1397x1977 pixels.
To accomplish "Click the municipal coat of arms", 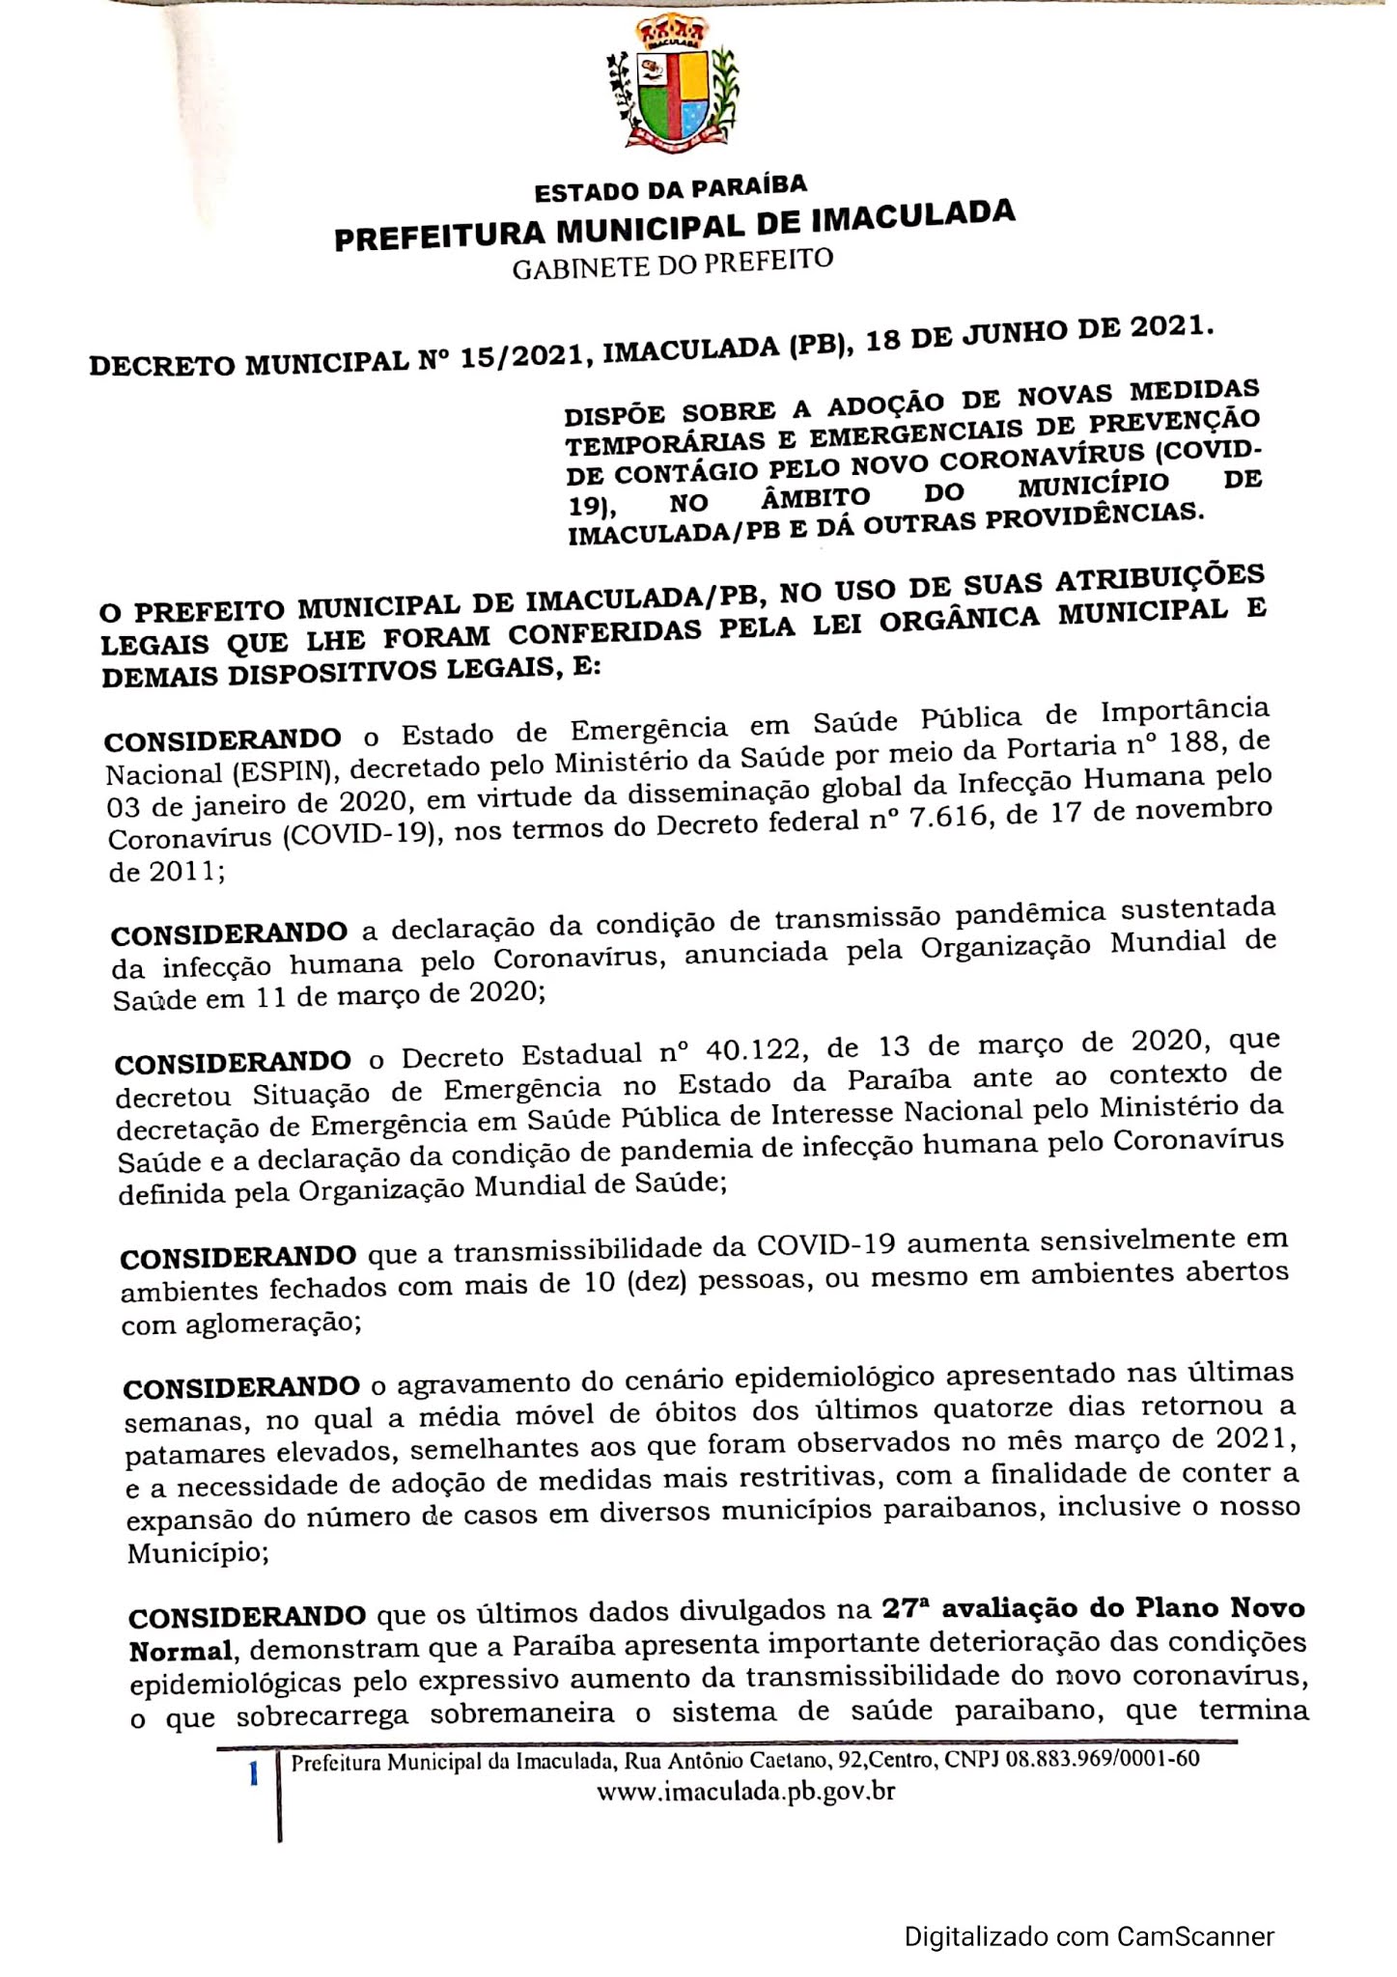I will (674, 90).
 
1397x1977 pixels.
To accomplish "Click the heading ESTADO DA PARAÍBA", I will (671, 188).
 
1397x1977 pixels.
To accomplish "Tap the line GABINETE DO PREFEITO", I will (672, 264).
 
